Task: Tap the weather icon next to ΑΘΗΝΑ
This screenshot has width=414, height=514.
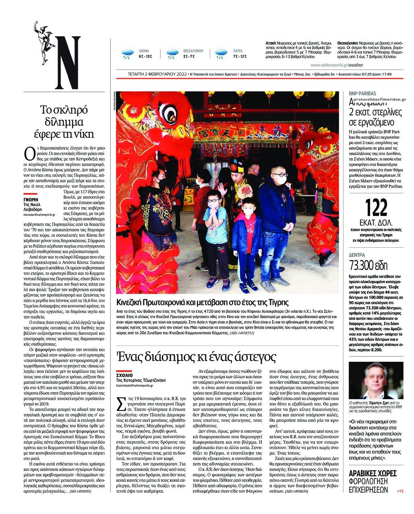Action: [x=128, y=54]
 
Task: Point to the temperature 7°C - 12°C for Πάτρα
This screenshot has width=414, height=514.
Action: [x=240, y=56]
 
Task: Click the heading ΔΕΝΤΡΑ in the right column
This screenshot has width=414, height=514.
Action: [x=357, y=255]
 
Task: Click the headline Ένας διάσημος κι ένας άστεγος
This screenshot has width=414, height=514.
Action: [x=196, y=356]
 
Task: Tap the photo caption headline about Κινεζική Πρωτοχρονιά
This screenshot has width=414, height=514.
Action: [x=203, y=303]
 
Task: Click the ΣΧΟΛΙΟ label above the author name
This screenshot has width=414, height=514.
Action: [x=124, y=375]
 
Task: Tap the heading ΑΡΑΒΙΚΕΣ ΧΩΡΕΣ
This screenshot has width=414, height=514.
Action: [x=372, y=473]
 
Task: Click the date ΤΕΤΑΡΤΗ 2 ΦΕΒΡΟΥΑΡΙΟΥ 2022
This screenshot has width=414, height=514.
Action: [x=157, y=74]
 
